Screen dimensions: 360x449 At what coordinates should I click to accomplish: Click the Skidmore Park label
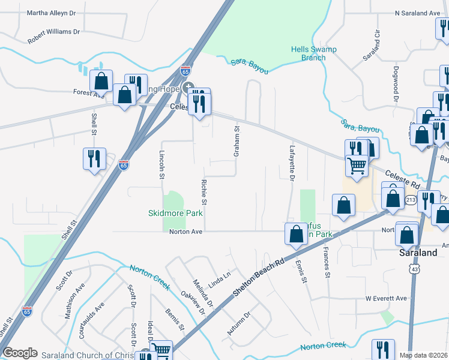(176, 213)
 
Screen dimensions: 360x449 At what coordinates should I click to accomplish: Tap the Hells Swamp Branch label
(309, 53)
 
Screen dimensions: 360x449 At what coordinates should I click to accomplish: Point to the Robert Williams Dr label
(53, 36)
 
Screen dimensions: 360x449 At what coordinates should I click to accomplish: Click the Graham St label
(237, 142)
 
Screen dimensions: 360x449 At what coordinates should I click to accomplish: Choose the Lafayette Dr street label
(292, 166)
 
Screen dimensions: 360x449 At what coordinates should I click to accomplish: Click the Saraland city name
(418, 253)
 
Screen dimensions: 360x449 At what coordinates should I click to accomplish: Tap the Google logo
(20, 353)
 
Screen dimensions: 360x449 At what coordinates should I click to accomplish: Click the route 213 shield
(411, 199)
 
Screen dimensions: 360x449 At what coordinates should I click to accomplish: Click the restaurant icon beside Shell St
(94, 159)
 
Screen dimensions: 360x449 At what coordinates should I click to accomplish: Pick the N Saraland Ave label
(417, 13)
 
